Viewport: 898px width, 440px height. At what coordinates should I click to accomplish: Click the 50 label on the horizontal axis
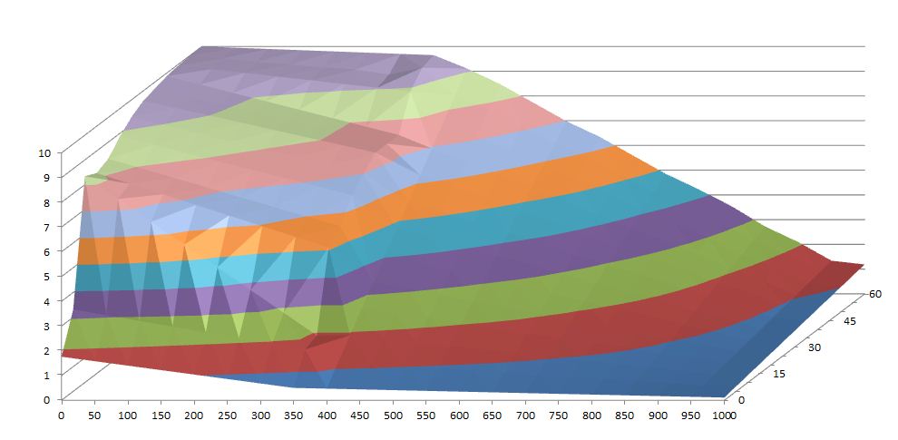click(x=94, y=415)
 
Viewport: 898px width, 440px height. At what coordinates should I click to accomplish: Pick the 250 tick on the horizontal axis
click(x=227, y=415)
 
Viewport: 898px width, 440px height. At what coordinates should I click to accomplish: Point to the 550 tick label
click(x=459, y=415)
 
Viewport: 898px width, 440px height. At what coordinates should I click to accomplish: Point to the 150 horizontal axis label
click(x=161, y=415)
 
